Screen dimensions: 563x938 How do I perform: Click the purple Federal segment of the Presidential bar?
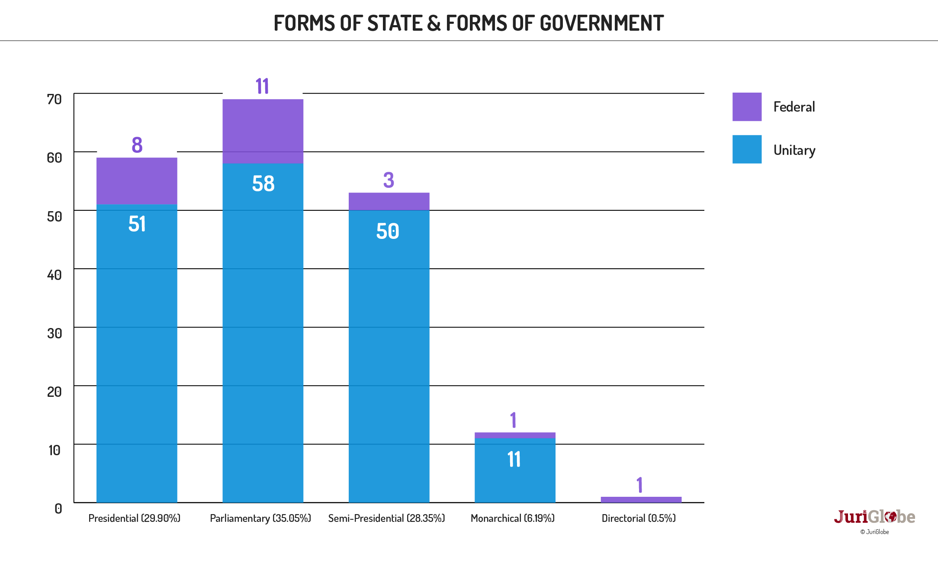pos(137,180)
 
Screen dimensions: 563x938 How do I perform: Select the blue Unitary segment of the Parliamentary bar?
pos(263,333)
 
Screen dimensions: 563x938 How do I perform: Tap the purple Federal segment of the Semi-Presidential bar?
pos(389,201)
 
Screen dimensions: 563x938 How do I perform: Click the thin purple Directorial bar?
pos(641,499)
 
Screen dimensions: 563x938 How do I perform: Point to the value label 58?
pos(263,183)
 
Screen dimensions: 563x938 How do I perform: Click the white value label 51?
pos(137,224)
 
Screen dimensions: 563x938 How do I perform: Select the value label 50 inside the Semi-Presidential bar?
pos(388,231)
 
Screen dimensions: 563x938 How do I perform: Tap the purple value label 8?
pos(137,145)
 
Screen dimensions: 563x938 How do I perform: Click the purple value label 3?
pos(389,180)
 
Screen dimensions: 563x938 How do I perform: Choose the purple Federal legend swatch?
pos(747,106)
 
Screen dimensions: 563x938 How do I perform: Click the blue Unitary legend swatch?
pos(747,149)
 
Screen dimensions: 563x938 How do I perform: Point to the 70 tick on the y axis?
pos(55,99)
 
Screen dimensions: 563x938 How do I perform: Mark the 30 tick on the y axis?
pos(55,333)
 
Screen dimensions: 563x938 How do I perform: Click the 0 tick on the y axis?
pos(58,508)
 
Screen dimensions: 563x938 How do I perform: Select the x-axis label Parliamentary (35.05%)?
pos(260,518)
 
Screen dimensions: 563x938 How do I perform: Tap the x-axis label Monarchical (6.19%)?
pos(513,518)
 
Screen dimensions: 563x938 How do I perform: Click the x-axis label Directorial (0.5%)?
pos(639,518)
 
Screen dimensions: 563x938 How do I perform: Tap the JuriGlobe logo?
pos(874,517)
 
